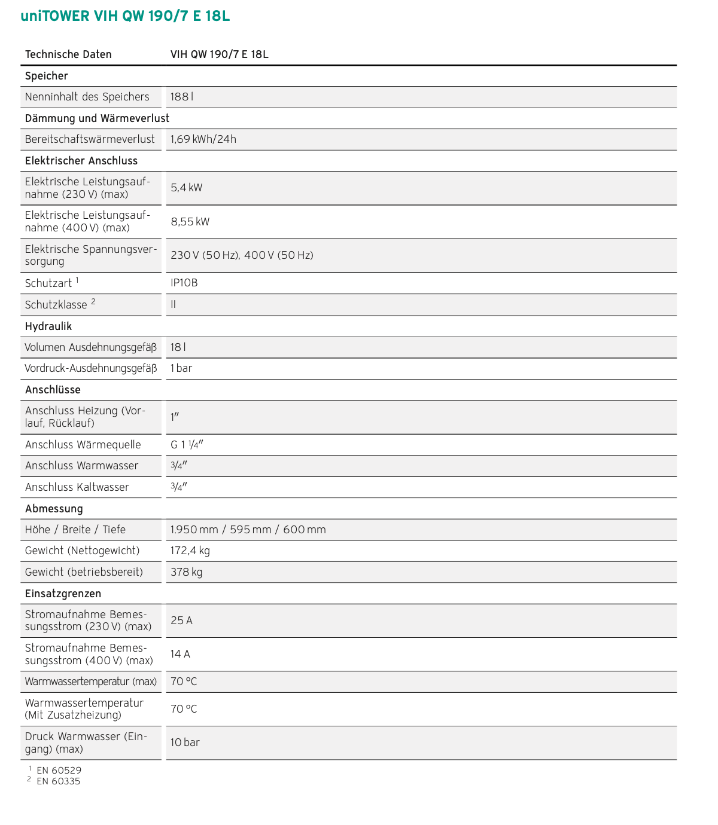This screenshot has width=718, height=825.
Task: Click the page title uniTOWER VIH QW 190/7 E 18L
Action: coord(125,16)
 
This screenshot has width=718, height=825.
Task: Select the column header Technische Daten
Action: coord(68,54)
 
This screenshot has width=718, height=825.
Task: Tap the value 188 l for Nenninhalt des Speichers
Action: coord(182,97)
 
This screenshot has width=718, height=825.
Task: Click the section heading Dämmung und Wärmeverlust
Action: coord(97,118)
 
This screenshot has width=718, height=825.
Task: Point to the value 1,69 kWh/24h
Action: coord(203,139)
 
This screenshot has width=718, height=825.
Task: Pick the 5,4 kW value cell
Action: coord(187,188)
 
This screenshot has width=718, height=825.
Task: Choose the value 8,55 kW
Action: coord(190,222)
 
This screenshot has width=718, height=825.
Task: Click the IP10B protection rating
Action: coord(184,283)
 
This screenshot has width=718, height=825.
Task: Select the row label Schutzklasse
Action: coord(56,305)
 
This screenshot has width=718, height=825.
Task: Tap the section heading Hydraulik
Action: coord(48,326)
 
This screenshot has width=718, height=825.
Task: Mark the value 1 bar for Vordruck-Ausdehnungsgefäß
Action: coord(181,368)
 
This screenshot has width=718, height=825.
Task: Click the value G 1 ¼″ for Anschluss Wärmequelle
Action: coord(187,445)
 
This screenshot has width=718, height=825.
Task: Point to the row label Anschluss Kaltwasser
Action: coord(77,487)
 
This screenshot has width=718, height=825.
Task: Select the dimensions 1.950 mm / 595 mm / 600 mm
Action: coord(248,530)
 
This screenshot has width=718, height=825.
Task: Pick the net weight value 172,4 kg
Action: coord(190,551)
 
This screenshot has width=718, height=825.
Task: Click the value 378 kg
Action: coord(187,572)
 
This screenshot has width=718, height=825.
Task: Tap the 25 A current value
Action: coord(181,621)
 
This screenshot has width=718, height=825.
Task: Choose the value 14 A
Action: coord(180,654)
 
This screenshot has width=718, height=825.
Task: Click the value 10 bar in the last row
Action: coord(185,742)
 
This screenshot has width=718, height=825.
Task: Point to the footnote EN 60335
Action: coord(58,781)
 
